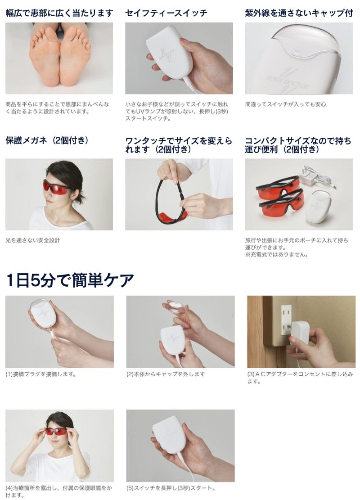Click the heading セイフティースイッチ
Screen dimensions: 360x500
click(x=166, y=13)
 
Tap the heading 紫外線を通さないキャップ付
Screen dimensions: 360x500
click(x=299, y=13)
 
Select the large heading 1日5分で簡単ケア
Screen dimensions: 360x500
click(x=70, y=280)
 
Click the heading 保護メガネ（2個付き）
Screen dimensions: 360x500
click(x=47, y=140)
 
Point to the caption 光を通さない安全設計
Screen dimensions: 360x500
click(x=32, y=240)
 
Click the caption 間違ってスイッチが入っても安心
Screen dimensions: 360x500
click(x=286, y=104)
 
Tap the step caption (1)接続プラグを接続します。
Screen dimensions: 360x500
click(x=41, y=374)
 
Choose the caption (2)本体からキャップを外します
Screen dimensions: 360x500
click(x=166, y=374)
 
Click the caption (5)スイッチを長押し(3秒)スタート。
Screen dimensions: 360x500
click(x=171, y=488)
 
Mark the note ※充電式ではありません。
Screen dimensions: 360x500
click(x=276, y=254)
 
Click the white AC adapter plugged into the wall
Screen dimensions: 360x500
click(x=300, y=332)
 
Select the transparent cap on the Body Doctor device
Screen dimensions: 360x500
click(x=306, y=43)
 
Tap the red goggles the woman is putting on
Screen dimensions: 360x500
click(x=57, y=431)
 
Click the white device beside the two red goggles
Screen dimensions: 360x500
click(x=316, y=207)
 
